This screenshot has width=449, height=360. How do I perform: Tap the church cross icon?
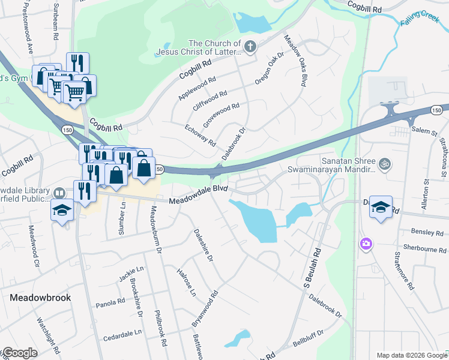coord(250,46)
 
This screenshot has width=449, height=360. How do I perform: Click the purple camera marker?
coord(365,243)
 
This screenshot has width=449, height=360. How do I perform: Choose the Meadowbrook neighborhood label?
coord(40,298)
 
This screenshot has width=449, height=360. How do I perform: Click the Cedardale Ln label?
coord(125,332)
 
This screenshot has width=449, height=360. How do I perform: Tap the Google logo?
coord(20,353)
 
